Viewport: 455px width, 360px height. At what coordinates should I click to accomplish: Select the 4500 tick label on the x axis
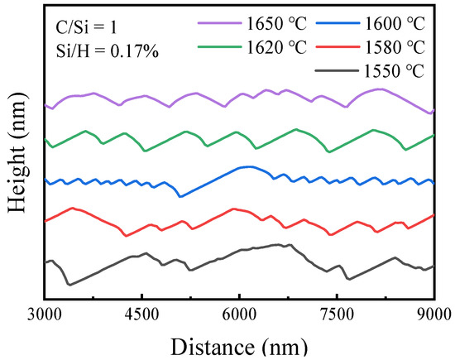click(x=142, y=313)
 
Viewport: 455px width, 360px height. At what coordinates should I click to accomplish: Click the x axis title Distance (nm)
click(x=240, y=343)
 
